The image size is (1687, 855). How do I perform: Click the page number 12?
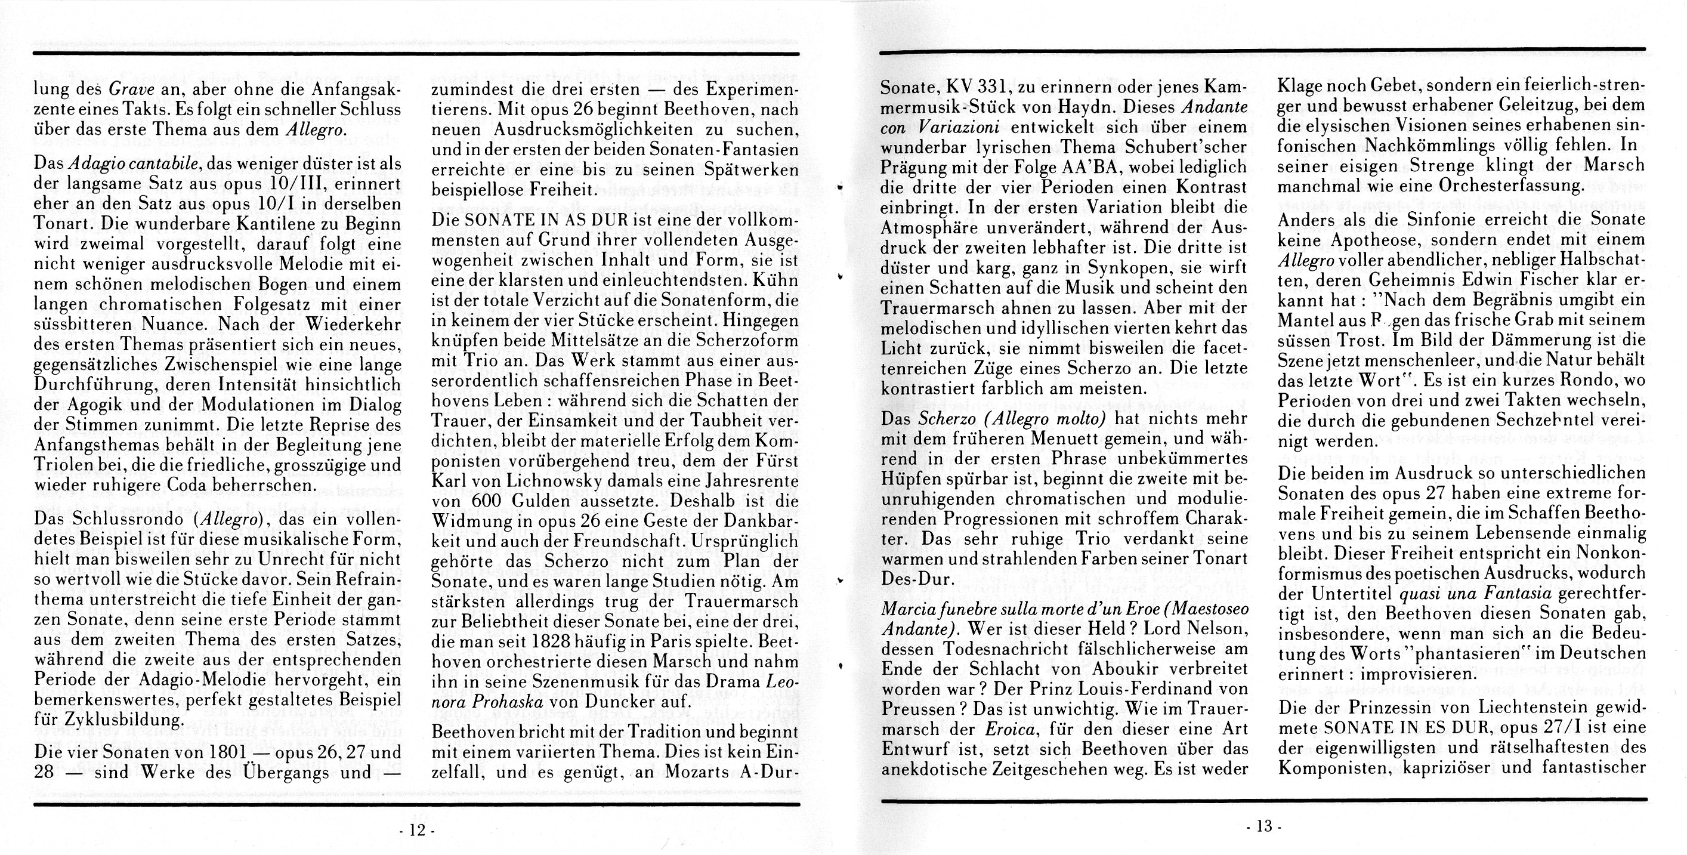tap(416, 830)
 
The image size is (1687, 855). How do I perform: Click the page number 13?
tap(1263, 827)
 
